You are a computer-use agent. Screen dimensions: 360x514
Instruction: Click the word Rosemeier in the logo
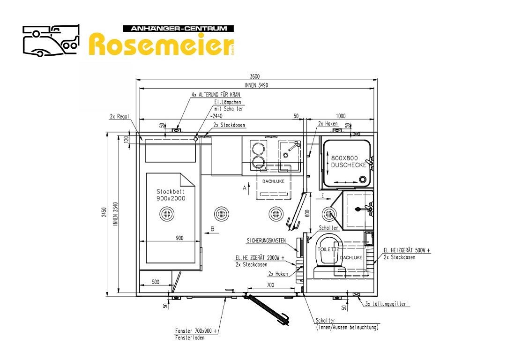tap(161, 45)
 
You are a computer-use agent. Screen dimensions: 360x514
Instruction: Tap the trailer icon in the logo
tap(50, 40)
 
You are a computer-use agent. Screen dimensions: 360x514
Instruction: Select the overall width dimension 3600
tap(255, 77)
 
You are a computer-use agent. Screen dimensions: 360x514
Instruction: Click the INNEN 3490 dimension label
tap(256, 85)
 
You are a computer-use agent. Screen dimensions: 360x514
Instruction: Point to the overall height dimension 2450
tap(105, 214)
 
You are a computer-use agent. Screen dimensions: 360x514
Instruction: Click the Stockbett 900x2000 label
tap(171, 195)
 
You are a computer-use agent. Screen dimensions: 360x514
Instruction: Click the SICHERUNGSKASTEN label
tap(266, 241)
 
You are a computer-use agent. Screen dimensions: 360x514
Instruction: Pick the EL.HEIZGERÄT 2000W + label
tap(260, 258)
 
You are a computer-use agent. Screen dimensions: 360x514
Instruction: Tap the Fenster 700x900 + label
tap(196, 331)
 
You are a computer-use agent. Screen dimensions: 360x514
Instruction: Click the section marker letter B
tap(212, 229)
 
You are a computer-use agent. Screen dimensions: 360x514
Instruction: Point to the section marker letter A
tap(244, 187)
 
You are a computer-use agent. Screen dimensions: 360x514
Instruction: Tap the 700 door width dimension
tap(270, 285)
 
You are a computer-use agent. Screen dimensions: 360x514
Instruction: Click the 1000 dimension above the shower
tap(341, 116)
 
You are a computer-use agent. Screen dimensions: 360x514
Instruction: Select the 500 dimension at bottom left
tap(156, 282)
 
